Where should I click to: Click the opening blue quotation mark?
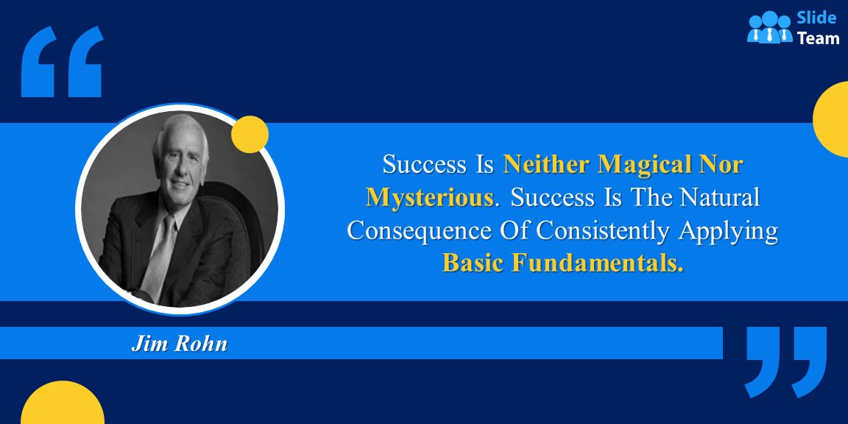point(62,62)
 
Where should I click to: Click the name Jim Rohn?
point(179,344)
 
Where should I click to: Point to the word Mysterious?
point(429,197)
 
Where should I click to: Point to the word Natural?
point(719,197)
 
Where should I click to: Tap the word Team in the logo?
point(819,38)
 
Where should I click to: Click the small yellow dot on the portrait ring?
point(250,134)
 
